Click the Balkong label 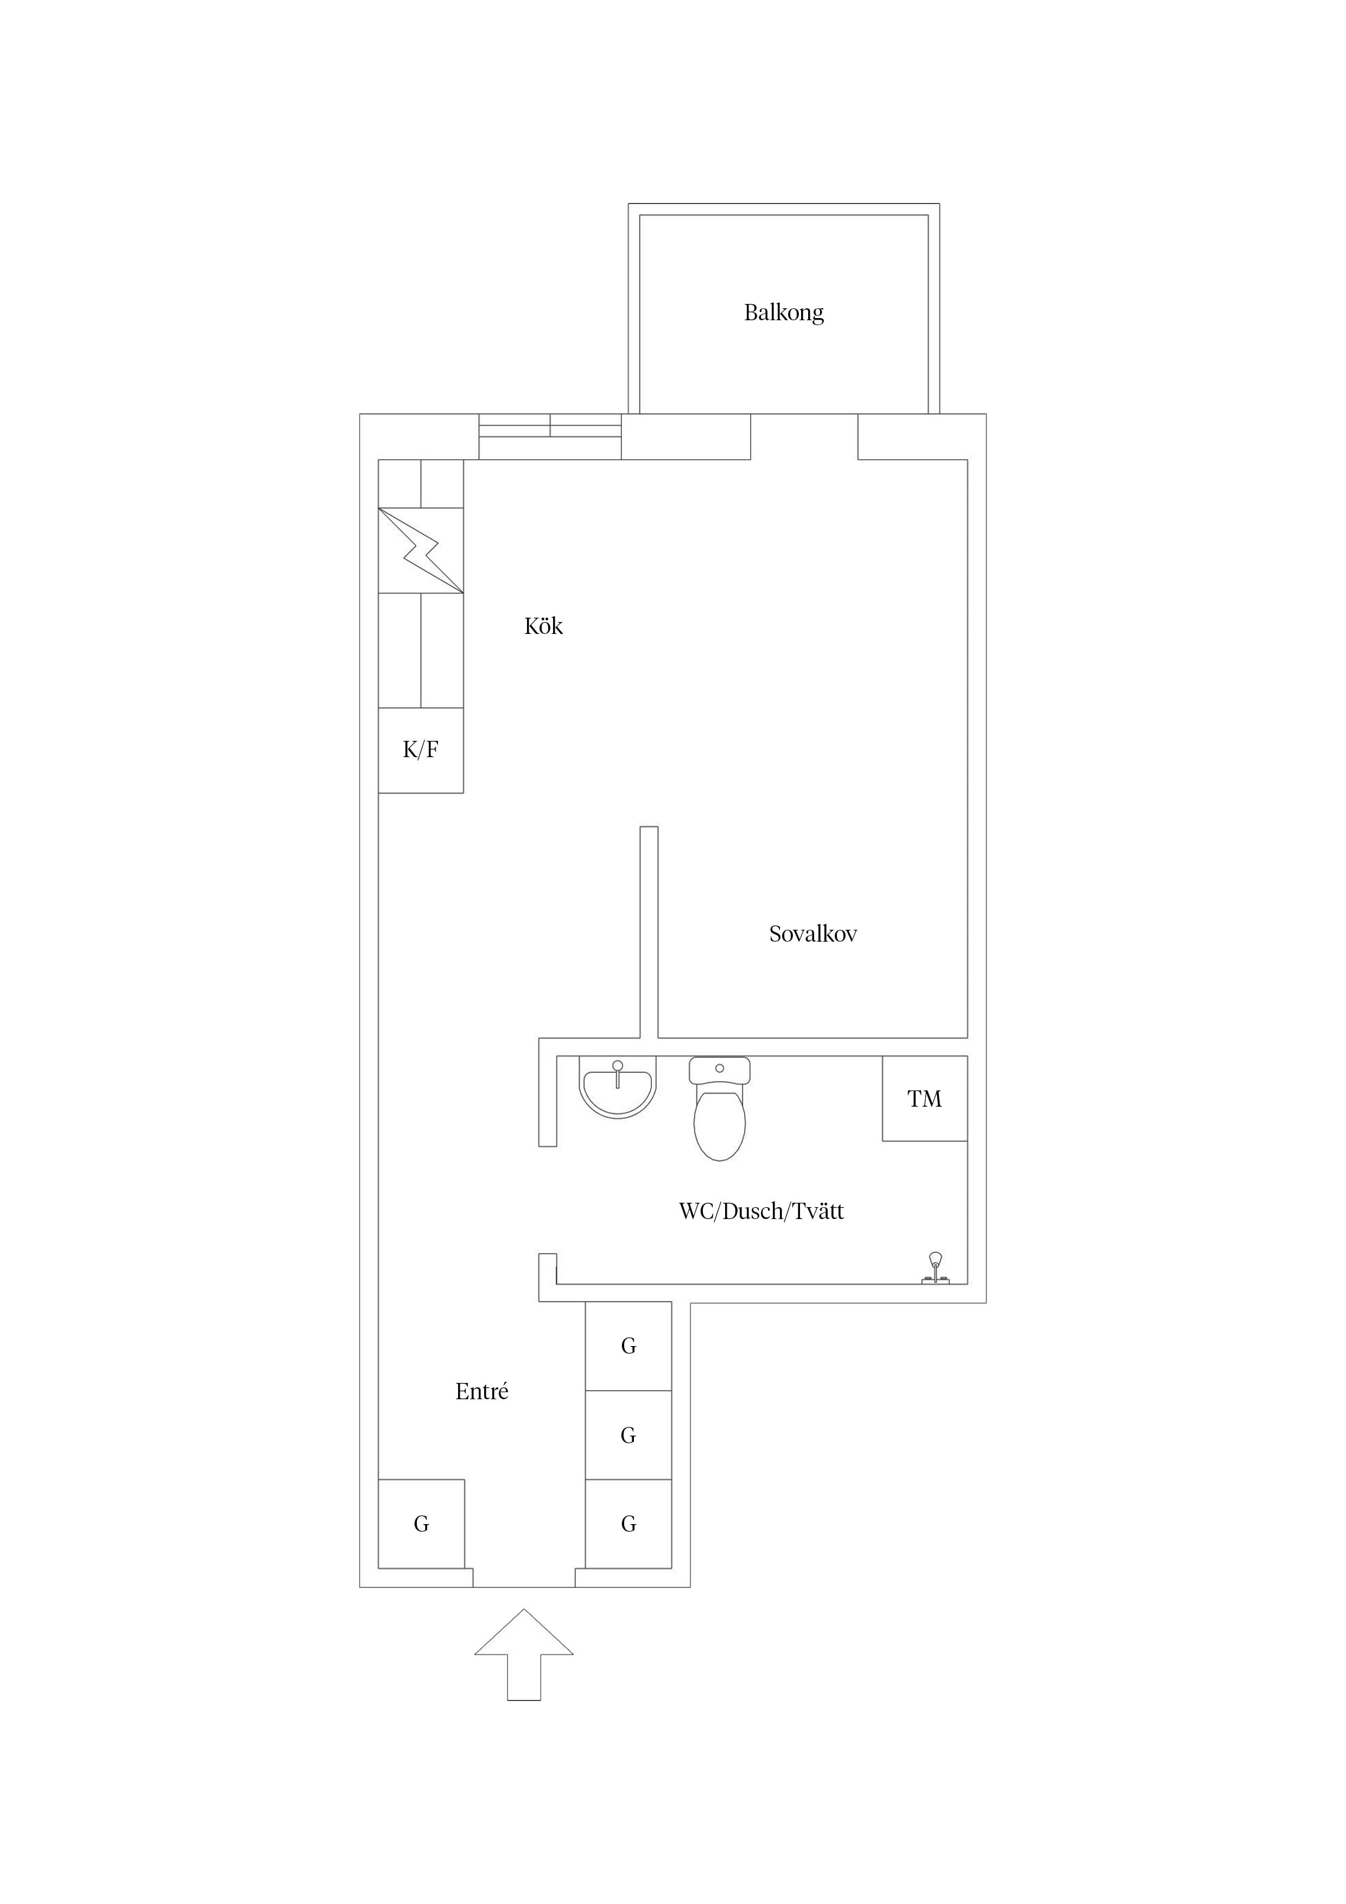pyautogui.click(x=784, y=313)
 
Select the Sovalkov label pyautogui.click(x=812, y=934)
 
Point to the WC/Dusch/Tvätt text pyautogui.click(x=761, y=1211)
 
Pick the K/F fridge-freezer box pyautogui.click(x=421, y=751)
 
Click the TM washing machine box pyautogui.click(x=925, y=1099)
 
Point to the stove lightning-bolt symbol pyautogui.click(x=421, y=550)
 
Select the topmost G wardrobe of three pyautogui.click(x=628, y=1346)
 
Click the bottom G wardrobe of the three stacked pyautogui.click(x=628, y=1524)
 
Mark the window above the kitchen pyautogui.click(x=550, y=436)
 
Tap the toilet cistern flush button pyautogui.click(x=719, y=1068)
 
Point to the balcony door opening pyautogui.click(x=804, y=436)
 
